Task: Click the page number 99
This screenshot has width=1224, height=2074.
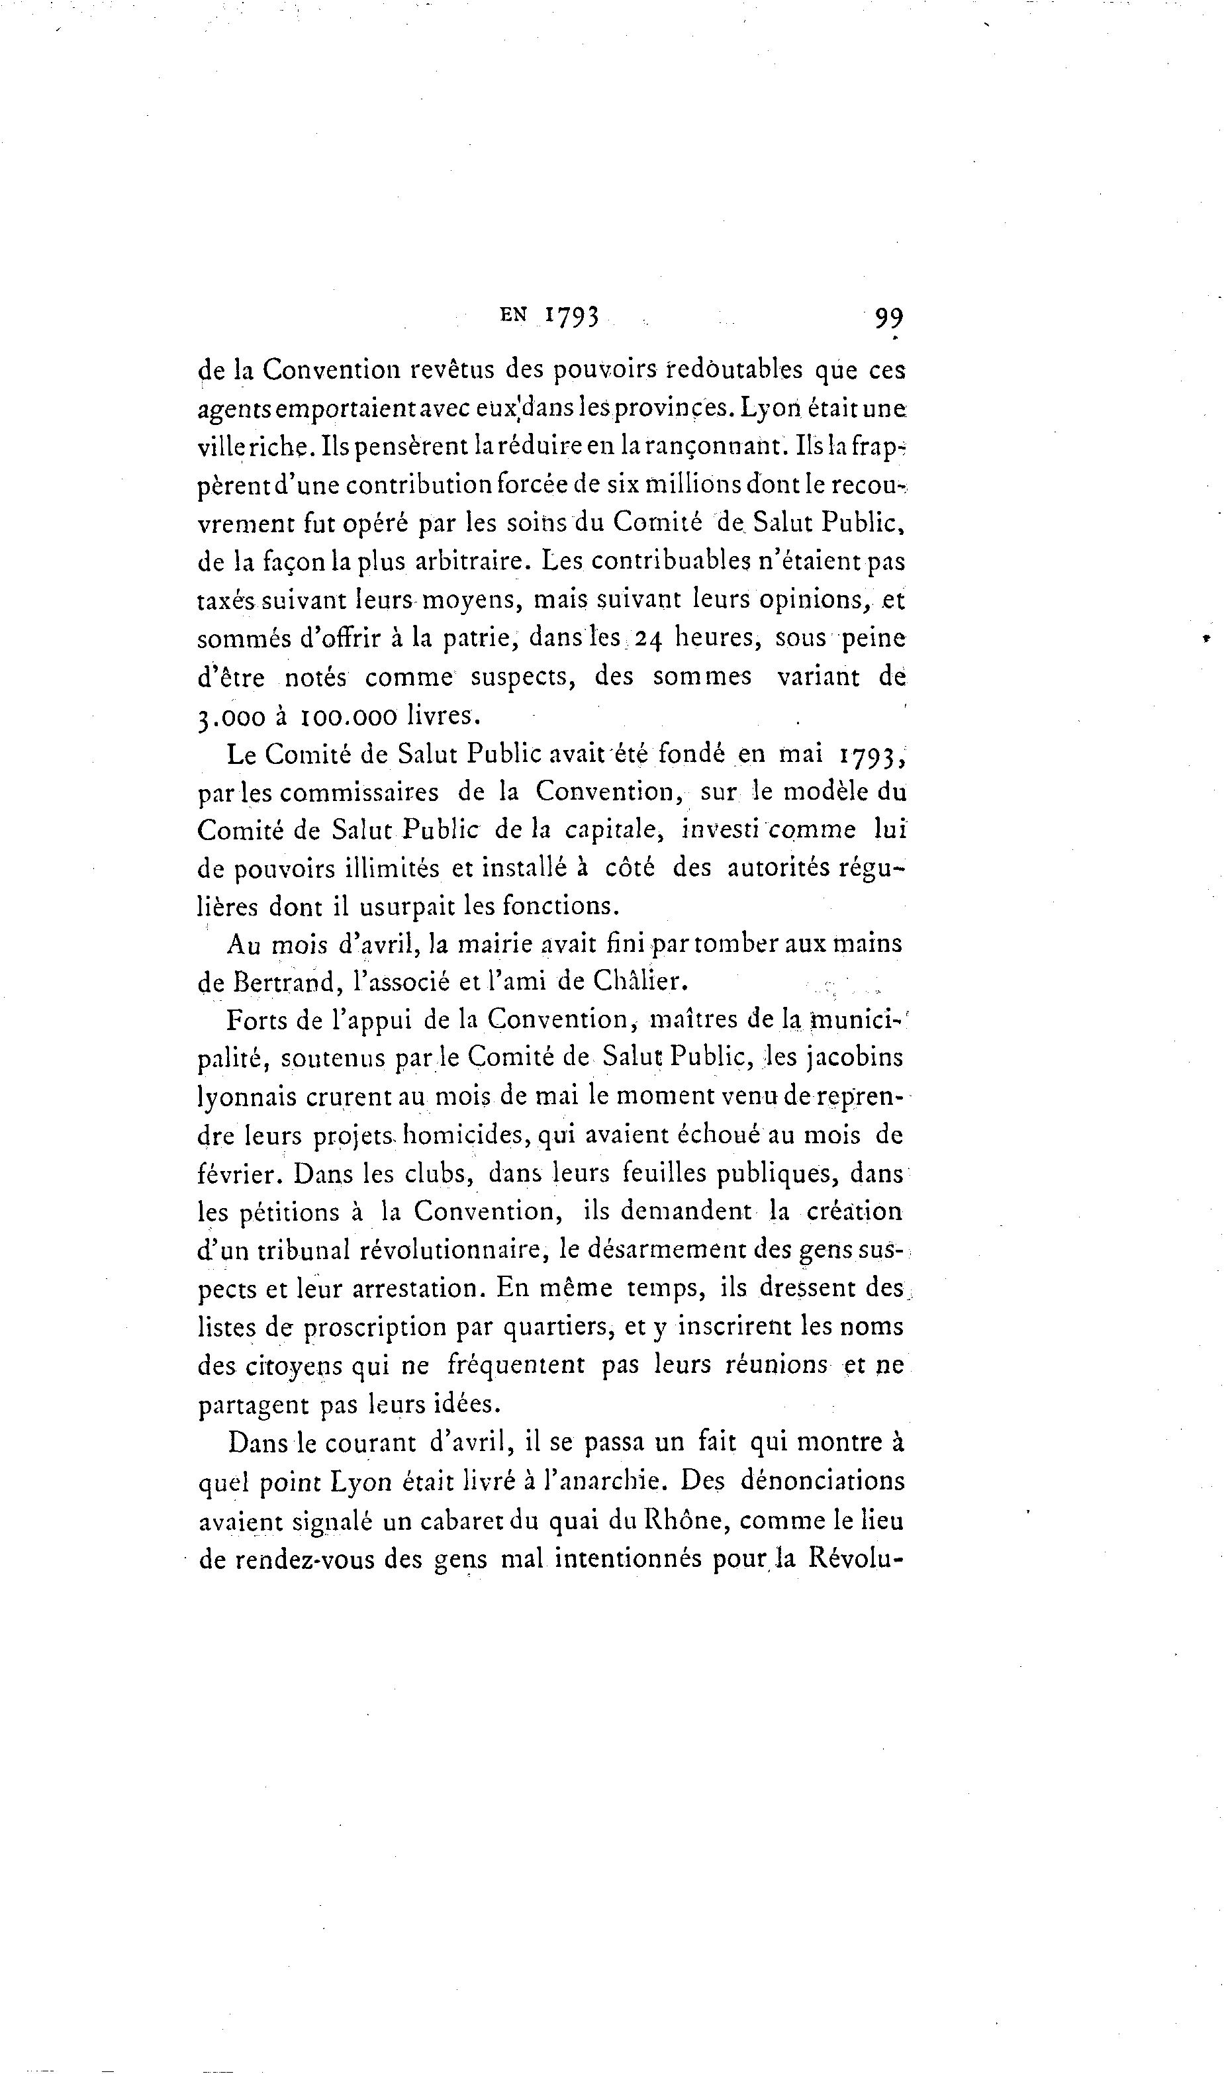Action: pyautogui.click(x=889, y=318)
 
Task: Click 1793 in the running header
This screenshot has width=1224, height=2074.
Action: pyautogui.click(x=570, y=318)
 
